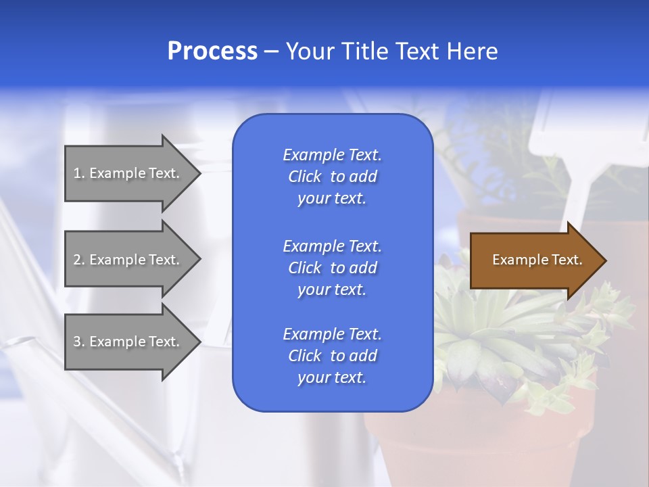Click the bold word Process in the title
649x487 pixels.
212,51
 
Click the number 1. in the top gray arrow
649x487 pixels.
79,173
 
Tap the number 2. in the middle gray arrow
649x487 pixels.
79,260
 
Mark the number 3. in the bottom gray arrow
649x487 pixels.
79,342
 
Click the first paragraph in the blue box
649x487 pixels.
332,177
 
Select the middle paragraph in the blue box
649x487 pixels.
332,268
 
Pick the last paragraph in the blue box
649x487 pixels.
332,356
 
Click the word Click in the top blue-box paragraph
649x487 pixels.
305,177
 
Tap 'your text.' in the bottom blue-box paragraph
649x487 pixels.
332,377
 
